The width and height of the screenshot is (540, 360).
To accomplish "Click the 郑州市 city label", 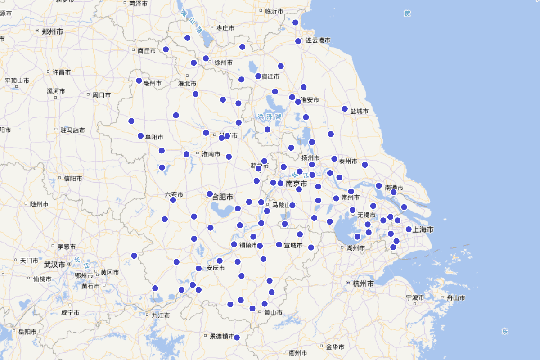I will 52,31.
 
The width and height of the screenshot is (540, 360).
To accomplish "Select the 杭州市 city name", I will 363,284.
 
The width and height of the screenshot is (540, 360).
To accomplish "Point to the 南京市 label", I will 297,184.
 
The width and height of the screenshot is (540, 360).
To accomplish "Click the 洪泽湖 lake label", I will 270,117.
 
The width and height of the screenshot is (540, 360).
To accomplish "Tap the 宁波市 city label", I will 415,298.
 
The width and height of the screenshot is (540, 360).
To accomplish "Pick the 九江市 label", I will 161,315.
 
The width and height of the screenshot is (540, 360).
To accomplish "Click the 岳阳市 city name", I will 27,332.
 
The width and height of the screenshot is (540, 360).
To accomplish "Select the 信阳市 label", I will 73,179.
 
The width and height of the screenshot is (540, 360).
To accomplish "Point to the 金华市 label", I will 335,347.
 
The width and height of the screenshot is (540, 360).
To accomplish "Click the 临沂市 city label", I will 274,11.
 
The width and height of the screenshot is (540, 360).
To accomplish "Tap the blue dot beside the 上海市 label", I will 409,229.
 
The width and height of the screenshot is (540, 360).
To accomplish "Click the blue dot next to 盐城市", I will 345,108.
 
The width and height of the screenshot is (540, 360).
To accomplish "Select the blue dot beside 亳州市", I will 139,81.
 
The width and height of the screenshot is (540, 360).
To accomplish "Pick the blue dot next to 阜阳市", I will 140,135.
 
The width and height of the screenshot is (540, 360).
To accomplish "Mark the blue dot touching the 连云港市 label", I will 298,41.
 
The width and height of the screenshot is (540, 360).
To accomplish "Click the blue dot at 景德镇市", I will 237,337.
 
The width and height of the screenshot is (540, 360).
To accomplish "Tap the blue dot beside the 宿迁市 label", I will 258,76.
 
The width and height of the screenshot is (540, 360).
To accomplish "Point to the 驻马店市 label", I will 72,130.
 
